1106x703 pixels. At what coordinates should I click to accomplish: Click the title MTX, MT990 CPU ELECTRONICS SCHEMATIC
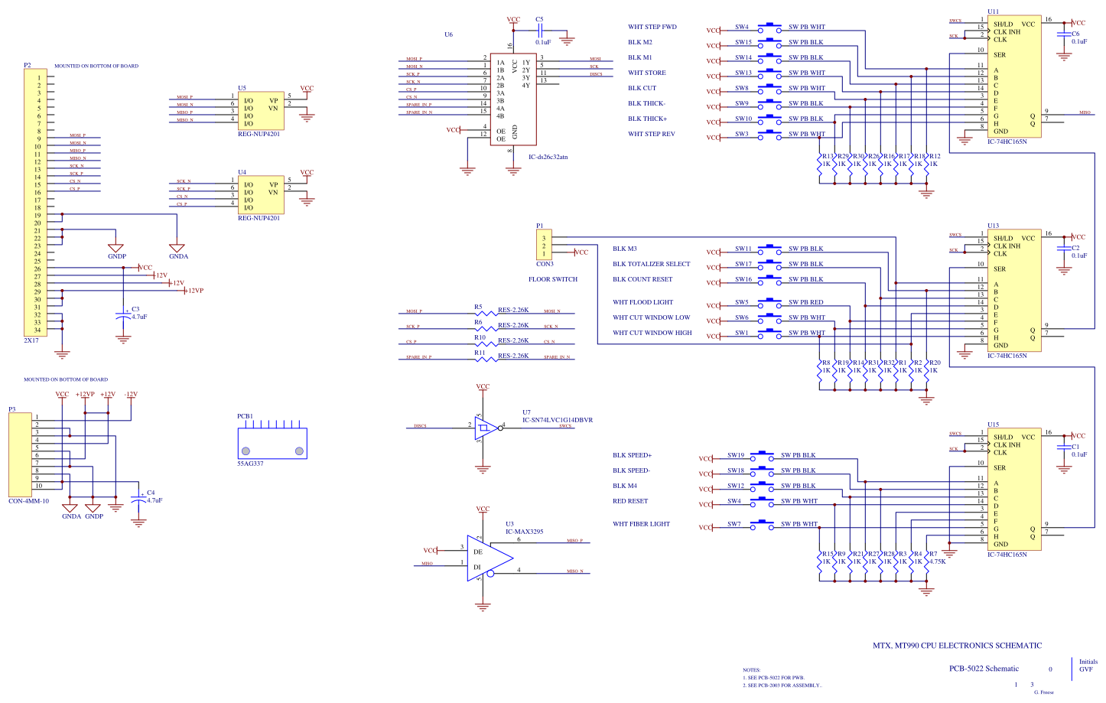point(957,646)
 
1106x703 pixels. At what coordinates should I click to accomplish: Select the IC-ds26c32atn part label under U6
point(548,157)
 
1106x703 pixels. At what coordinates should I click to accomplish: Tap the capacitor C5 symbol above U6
point(541,31)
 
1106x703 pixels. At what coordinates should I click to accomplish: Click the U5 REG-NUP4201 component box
point(261,112)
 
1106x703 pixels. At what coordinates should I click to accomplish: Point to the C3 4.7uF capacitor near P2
point(123,314)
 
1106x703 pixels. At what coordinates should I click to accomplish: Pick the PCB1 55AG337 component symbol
point(272,443)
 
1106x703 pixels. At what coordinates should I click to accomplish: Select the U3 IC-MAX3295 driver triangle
point(487,558)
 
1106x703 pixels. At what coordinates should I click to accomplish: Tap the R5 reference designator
point(478,308)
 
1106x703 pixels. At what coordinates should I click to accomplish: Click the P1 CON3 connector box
point(544,246)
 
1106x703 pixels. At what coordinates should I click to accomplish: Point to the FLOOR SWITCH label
point(553,279)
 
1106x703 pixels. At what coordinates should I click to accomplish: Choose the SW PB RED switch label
point(806,302)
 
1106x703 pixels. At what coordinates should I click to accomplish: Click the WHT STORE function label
point(647,73)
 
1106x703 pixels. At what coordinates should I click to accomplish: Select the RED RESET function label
point(630,501)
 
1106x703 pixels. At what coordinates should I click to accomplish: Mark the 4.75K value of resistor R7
point(937,561)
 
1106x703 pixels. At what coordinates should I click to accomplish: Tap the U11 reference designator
point(993,11)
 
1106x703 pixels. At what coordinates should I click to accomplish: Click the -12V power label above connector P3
point(131,395)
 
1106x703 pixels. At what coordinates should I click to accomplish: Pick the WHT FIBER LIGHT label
point(641,524)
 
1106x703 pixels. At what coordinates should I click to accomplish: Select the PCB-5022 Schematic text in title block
point(984,669)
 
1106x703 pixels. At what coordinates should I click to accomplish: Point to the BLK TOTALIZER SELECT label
point(651,264)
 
